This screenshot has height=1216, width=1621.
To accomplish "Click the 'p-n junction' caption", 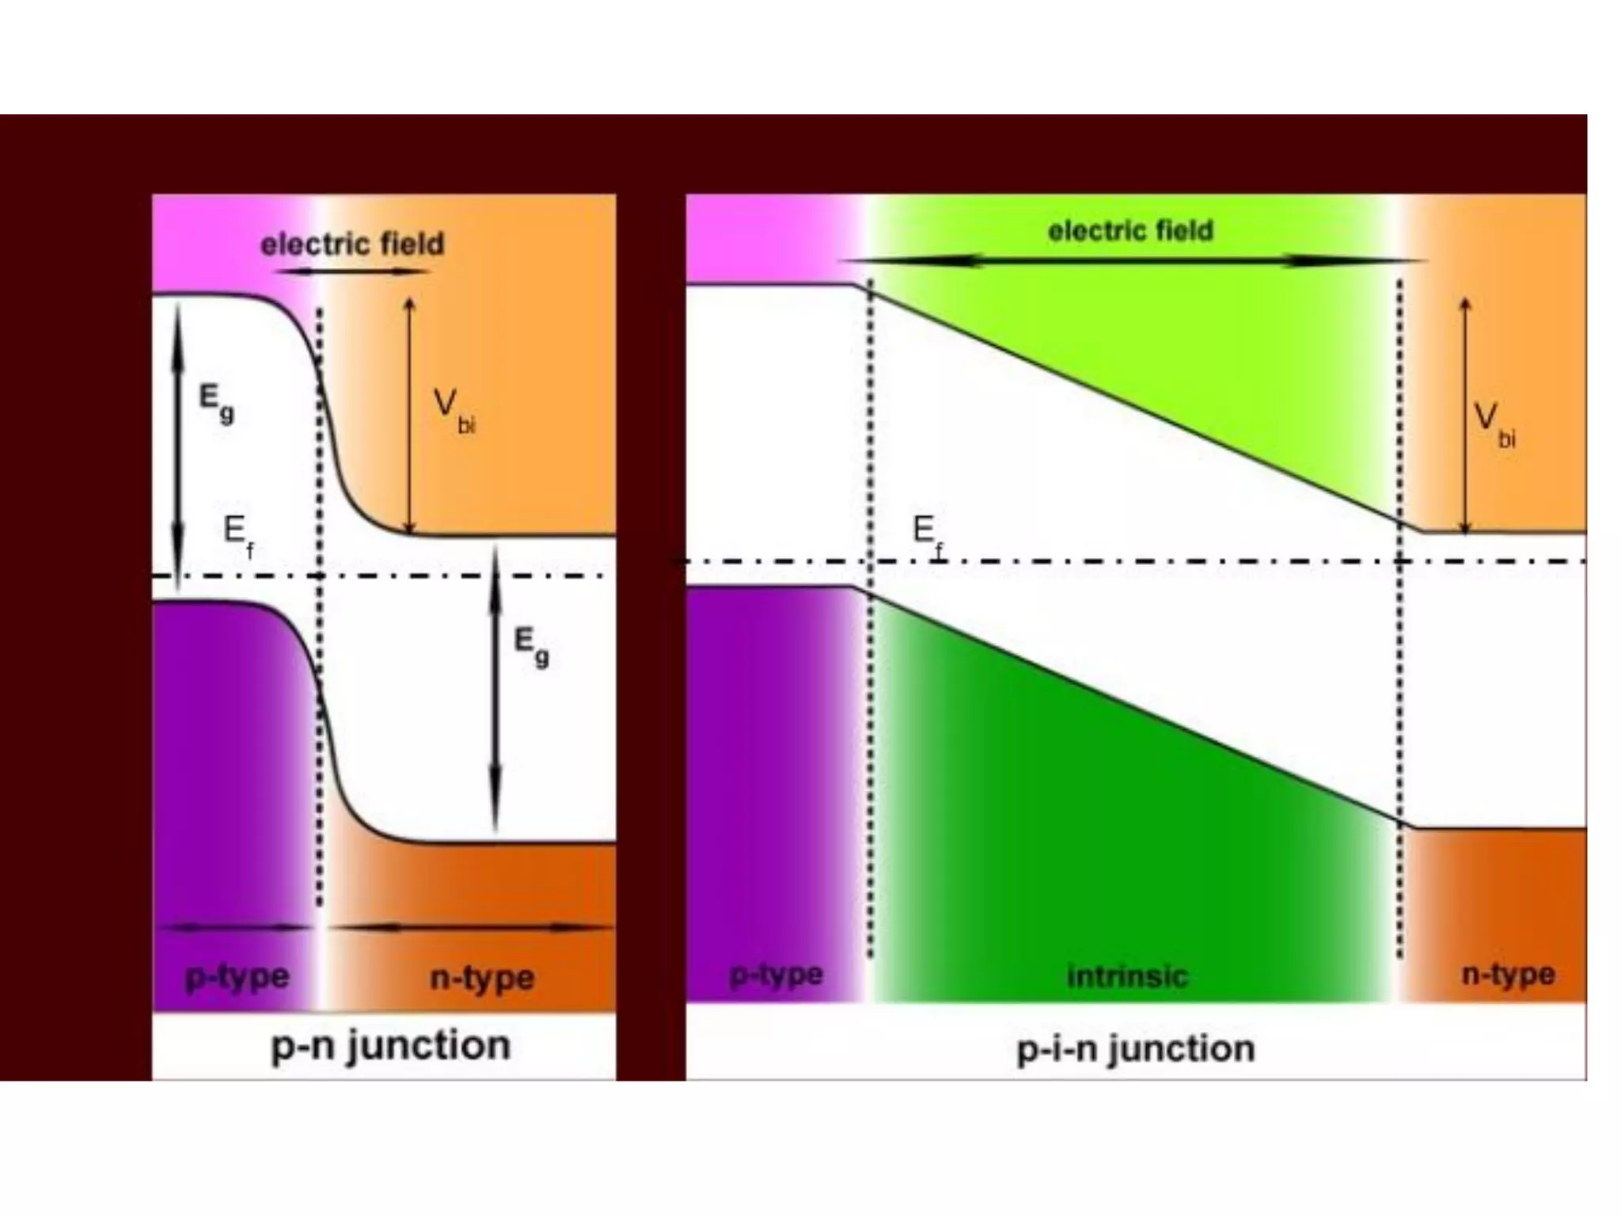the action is (390, 1046).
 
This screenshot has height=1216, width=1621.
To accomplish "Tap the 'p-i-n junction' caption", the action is (1136, 1049).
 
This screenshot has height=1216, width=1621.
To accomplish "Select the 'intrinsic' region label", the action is (1127, 976).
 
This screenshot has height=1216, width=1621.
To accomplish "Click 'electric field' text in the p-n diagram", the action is (352, 244).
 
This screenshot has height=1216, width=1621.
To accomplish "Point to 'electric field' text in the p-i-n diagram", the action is (1130, 230).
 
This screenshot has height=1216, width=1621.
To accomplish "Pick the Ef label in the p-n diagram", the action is (238, 534).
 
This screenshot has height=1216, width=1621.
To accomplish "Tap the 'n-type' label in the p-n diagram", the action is (482, 978).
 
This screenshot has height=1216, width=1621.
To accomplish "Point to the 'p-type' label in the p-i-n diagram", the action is (776, 975).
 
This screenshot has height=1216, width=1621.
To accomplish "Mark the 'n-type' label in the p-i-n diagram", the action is (1508, 975).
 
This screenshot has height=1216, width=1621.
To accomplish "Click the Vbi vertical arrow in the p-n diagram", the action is (409, 416).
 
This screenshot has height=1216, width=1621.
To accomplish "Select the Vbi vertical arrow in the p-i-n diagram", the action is (1465, 416).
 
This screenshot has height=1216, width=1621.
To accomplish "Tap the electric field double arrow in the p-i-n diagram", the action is (1132, 260).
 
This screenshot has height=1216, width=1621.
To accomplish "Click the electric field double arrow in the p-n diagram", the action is (354, 271).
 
